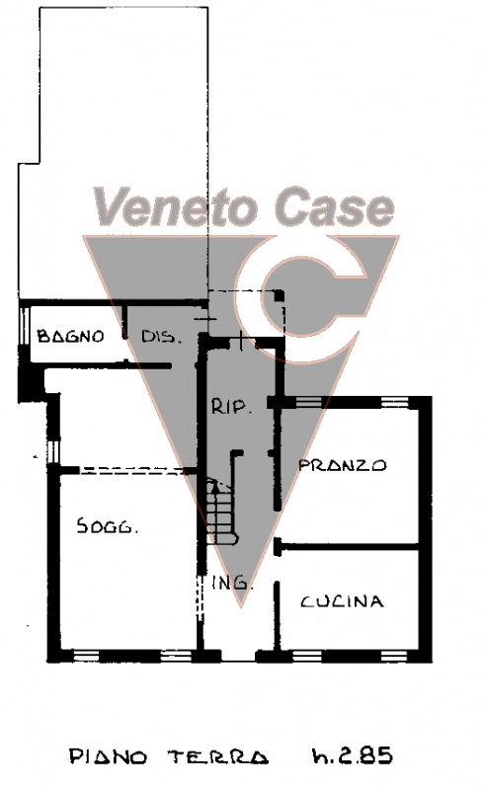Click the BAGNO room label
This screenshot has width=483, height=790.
[70, 336]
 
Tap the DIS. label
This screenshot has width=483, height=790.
[161, 337]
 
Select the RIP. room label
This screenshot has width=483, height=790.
[231, 406]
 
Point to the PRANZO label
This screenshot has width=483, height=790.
[343, 464]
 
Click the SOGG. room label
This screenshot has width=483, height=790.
[108, 525]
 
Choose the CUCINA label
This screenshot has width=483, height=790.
[343, 601]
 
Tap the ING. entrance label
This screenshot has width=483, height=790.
[232, 582]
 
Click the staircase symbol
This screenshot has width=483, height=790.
[221, 512]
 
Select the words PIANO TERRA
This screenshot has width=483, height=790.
[169, 756]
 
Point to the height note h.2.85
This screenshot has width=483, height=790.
[353, 755]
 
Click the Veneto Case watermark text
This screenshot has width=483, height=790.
[244, 206]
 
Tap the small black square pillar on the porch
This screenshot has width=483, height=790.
[279, 295]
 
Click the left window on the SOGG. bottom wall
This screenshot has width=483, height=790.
[86, 656]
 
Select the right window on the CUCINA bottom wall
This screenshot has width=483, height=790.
[394, 656]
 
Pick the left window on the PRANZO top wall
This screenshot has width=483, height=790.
[308, 402]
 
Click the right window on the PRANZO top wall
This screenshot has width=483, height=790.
[395, 402]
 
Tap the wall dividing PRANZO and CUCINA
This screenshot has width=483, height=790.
[349, 546]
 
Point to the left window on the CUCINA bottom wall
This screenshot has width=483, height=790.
[307, 656]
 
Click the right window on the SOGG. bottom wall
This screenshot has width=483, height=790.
[176, 656]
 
